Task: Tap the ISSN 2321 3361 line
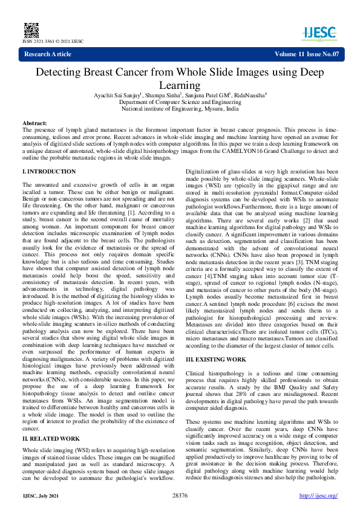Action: [x=53, y=41]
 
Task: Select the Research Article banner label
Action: [x=48, y=54]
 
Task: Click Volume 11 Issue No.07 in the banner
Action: [x=307, y=54]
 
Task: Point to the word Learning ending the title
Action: [x=180, y=86]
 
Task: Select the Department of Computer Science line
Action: [x=180, y=102]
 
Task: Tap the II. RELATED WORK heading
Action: [x=51, y=438]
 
